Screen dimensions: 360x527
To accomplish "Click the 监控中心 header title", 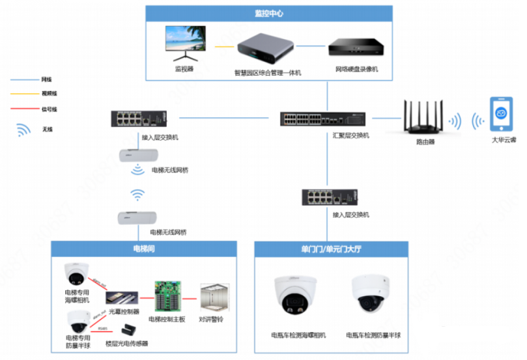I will pos(268,13).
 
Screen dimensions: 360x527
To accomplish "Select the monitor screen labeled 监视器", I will pos(186,42).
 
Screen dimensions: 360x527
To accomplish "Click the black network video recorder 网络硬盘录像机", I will pos(356,48).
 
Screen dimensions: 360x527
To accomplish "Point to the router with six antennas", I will pos(425,117).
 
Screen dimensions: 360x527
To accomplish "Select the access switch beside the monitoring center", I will pos(142,118).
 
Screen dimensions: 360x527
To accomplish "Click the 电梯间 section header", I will pos(143,249).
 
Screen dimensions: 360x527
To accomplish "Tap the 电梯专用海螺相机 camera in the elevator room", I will pos(76,274).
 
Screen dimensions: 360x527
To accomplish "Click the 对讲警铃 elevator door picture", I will pos(215,298).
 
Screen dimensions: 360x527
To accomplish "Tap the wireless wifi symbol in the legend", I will pos(24,130).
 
